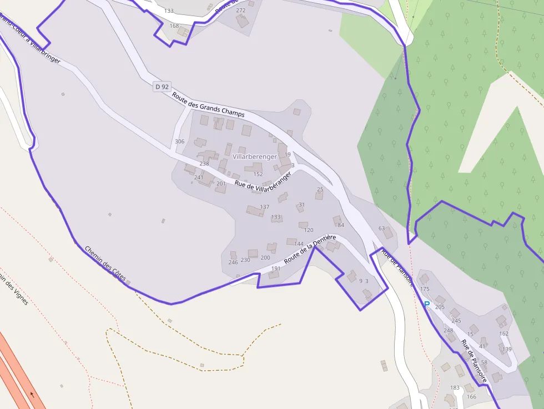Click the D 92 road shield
tap(162, 87)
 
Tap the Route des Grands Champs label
tap(208, 104)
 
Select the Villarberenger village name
tap(255, 157)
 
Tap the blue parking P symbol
tap(427, 304)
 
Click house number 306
tap(179, 142)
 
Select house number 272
tap(240, 11)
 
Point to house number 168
tap(174, 26)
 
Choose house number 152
tap(258, 174)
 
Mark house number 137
tap(265, 207)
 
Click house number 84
tap(341, 225)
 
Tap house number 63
tap(381, 228)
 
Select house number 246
tap(233, 262)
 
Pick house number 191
tap(276, 269)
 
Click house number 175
tap(425, 289)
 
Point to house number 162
tap(503, 334)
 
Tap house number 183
tap(455, 387)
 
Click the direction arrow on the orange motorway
tap(32, 395)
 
